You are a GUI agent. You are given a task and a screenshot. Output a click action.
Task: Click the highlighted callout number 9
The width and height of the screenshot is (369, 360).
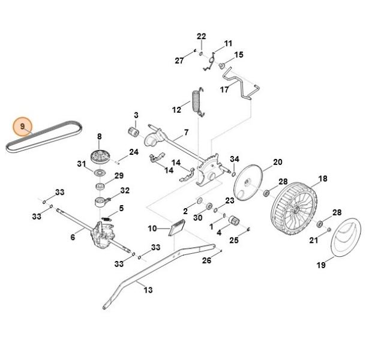(x=23, y=127)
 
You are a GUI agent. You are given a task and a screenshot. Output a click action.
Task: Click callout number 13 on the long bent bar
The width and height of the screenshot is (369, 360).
(x=148, y=289)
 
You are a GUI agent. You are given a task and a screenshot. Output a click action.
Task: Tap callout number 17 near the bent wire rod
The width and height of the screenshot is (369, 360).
(x=224, y=89)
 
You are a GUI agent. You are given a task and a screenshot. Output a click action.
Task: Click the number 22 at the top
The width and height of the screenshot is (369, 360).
(x=202, y=36)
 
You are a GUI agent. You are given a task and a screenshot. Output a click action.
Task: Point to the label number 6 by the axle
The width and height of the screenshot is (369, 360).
(x=73, y=237)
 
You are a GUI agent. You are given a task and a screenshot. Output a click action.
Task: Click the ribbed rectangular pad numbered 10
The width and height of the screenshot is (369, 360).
(x=177, y=229)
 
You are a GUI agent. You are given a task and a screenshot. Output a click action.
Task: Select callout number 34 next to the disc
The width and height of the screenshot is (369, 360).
(x=235, y=159)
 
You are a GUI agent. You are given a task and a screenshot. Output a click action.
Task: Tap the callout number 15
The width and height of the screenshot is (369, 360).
(x=239, y=55)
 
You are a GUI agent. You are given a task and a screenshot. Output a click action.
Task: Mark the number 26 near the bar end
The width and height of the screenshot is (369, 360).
(x=206, y=260)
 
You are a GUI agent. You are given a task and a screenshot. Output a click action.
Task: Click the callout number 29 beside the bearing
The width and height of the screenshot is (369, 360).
(x=119, y=176)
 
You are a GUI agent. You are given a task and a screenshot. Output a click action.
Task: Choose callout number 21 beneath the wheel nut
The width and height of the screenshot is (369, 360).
(x=313, y=241)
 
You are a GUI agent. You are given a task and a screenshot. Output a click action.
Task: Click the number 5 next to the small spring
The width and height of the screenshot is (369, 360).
(x=121, y=209)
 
